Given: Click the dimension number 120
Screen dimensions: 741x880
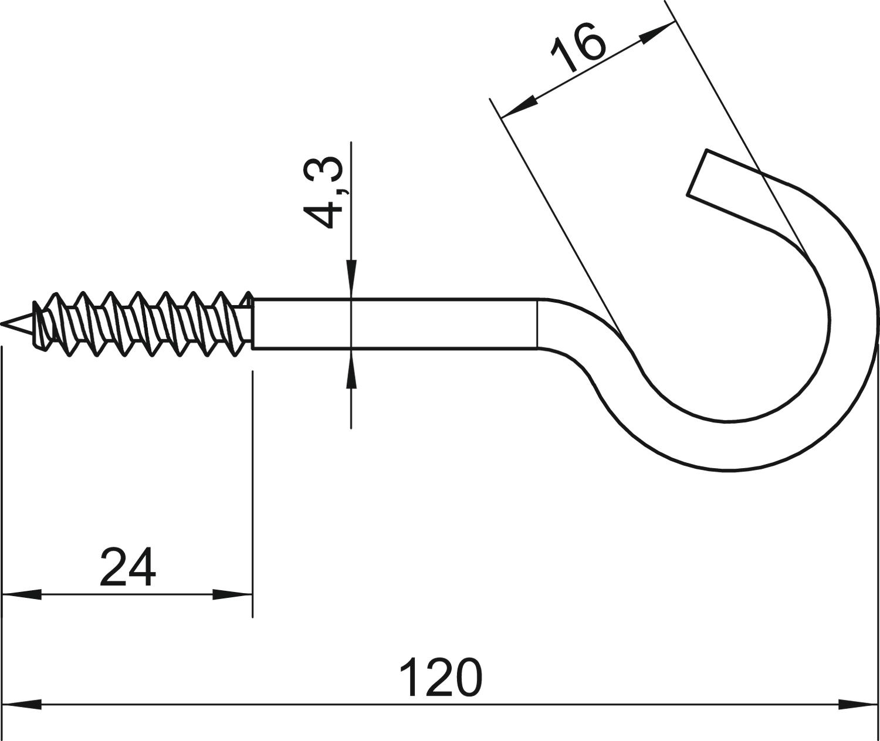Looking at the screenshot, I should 441,678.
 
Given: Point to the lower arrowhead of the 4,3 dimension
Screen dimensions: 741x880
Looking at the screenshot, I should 351,368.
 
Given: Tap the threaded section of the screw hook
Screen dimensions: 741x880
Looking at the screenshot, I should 141,323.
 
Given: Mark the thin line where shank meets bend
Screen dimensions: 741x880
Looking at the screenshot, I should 537,324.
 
